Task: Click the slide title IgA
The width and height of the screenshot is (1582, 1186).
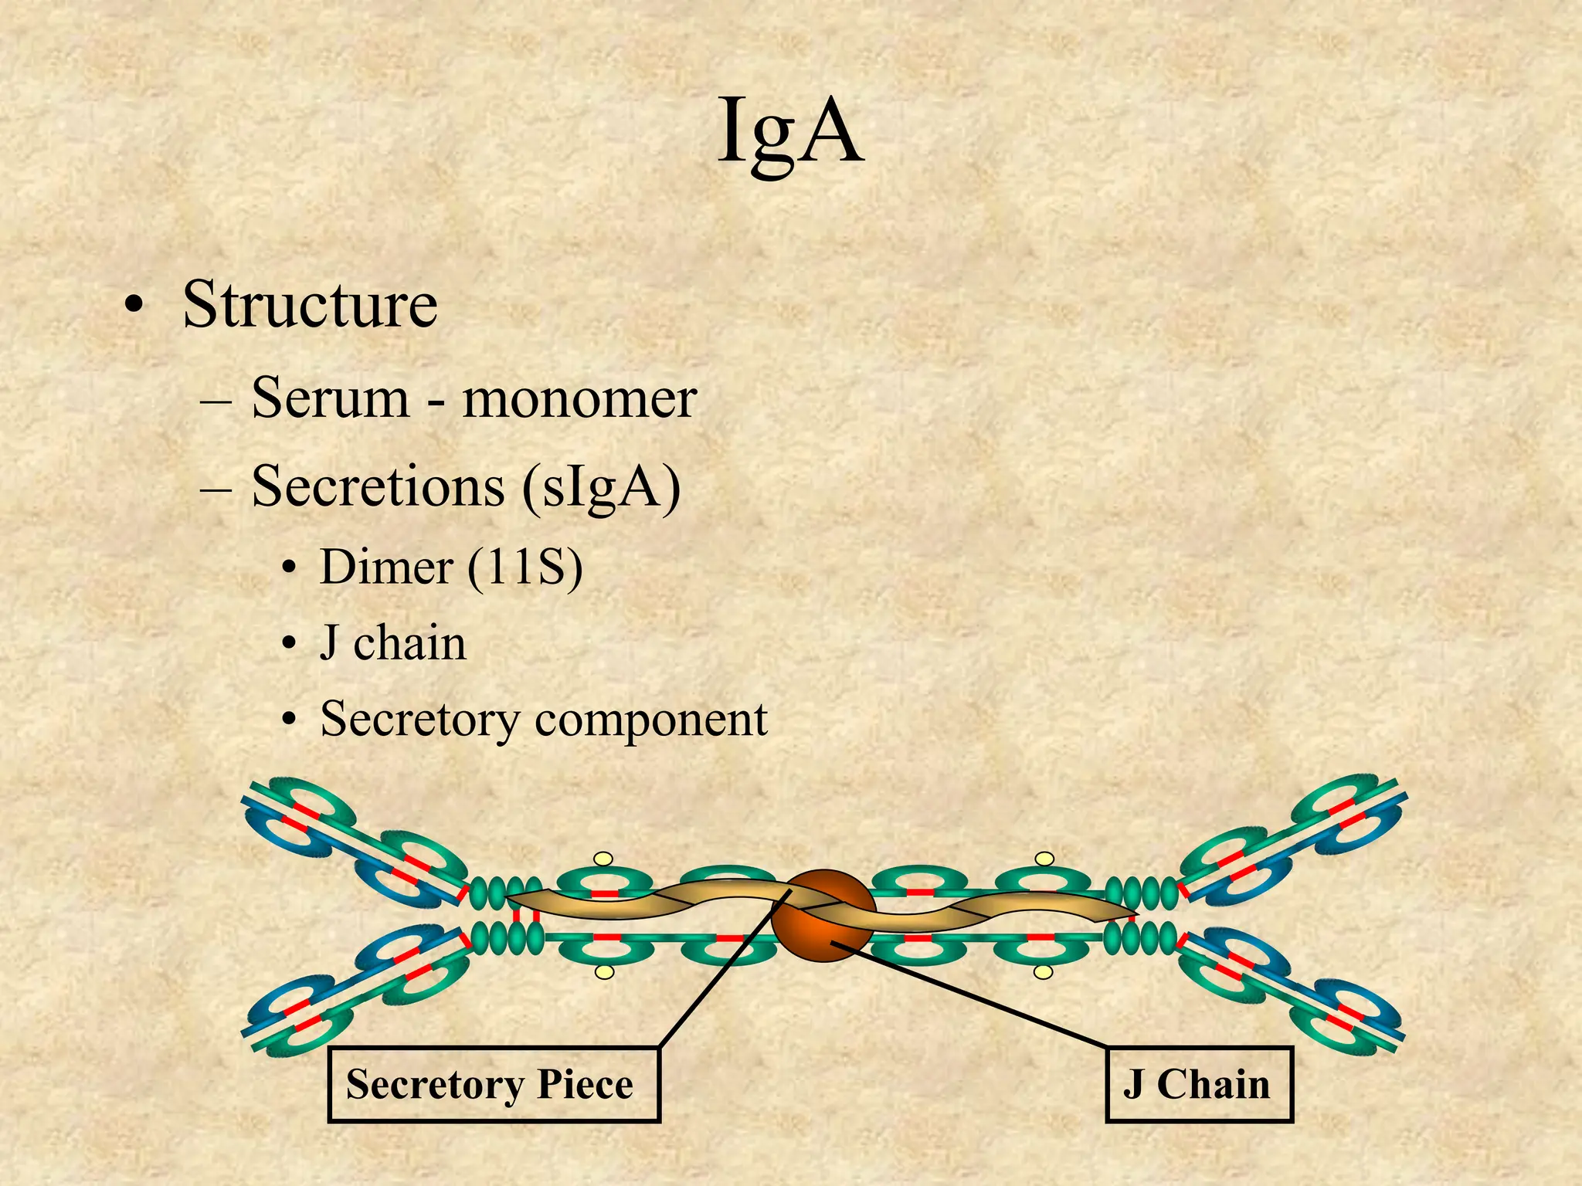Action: coord(790,133)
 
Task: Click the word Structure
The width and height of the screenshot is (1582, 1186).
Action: coord(310,304)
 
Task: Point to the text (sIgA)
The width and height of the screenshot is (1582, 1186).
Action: coord(601,488)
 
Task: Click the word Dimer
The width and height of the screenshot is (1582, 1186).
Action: coord(385,568)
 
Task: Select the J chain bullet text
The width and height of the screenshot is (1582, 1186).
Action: coord(393,643)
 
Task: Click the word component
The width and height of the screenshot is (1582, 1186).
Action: coord(651,720)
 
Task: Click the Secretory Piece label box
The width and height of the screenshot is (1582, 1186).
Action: coord(494,1083)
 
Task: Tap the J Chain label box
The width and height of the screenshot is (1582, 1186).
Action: coord(1199,1083)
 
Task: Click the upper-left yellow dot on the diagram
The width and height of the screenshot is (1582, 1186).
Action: coord(603,859)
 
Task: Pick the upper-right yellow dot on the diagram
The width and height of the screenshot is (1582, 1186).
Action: coord(1044,859)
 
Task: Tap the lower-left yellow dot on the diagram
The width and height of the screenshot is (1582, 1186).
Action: coord(605,972)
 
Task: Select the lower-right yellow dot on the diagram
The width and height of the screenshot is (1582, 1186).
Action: coord(1043,972)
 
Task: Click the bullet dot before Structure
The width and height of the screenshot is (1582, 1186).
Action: coord(134,307)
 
